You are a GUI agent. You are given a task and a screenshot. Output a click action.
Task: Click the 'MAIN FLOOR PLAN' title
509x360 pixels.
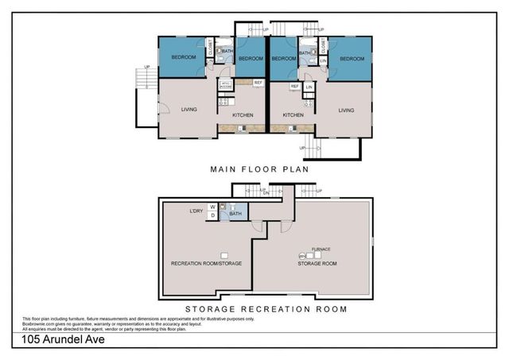258,169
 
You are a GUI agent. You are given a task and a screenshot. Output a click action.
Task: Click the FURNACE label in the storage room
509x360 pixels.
321,249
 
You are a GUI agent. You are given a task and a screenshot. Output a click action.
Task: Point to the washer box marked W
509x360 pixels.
213,207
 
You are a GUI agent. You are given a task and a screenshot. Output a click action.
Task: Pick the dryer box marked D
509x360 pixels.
213,215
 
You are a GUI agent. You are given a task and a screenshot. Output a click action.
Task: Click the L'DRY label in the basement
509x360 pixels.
196,210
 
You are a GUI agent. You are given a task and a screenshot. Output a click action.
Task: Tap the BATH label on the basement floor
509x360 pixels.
235,213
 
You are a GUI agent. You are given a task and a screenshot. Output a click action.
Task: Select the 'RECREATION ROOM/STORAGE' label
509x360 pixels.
206,262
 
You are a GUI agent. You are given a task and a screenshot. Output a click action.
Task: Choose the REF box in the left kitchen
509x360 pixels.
258,83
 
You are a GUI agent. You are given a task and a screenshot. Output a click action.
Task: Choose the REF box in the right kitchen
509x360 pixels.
294,86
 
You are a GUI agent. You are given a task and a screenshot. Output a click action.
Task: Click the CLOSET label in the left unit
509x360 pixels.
210,47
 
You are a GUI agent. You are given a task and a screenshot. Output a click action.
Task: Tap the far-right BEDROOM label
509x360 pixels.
352,58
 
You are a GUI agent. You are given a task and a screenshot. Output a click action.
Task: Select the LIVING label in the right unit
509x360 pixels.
346,110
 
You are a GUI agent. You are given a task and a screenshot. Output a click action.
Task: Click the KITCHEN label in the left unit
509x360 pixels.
243,115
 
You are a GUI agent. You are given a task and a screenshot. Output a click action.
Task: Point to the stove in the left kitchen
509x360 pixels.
223,101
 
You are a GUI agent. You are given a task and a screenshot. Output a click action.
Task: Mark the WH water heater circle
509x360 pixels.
302,255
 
